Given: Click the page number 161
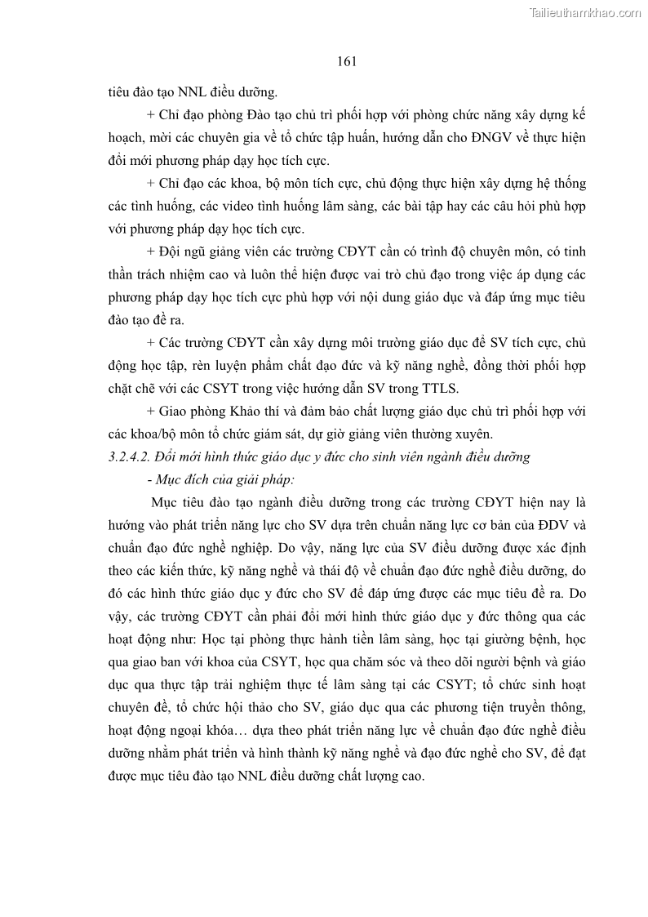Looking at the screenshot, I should pos(348,61).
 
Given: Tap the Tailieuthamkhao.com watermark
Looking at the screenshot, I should pos(585,12).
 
